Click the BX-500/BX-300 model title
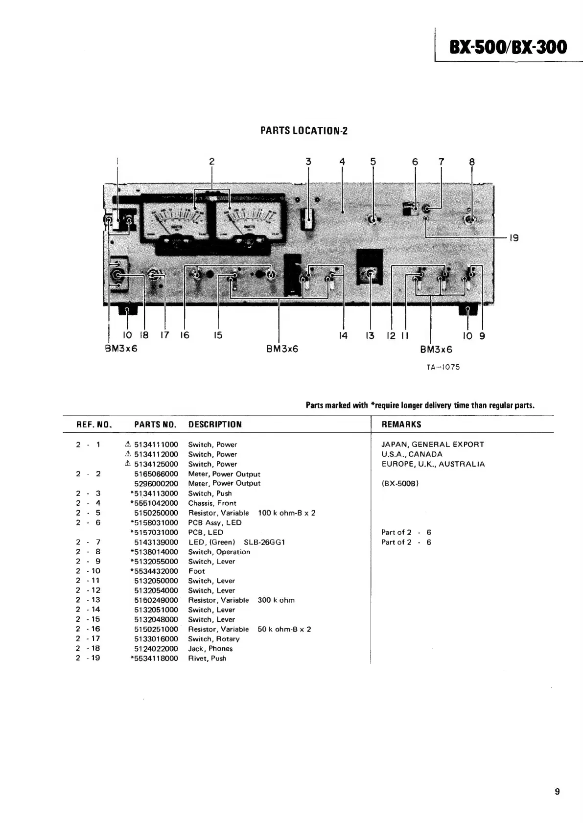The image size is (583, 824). (x=508, y=47)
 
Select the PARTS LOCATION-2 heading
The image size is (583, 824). (x=303, y=131)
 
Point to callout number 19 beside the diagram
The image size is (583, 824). (x=513, y=238)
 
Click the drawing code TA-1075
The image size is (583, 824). (x=443, y=367)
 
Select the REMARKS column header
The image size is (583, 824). (x=401, y=424)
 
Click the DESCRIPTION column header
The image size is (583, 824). (x=215, y=424)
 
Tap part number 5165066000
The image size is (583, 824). (x=156, y=474)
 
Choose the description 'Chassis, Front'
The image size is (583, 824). (x=212, y=503)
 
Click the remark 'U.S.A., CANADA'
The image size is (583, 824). (x=412, y=454)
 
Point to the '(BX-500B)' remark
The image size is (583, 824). (x=400, y=484)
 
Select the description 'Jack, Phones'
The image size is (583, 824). (x=210, y=649)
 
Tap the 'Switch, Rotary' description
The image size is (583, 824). (x=214, y=639)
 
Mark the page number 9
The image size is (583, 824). (x=558, y=792)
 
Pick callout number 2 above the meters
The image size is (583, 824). (x=211, y=162)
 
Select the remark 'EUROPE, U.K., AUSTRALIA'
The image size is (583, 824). (x=433, y=464)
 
